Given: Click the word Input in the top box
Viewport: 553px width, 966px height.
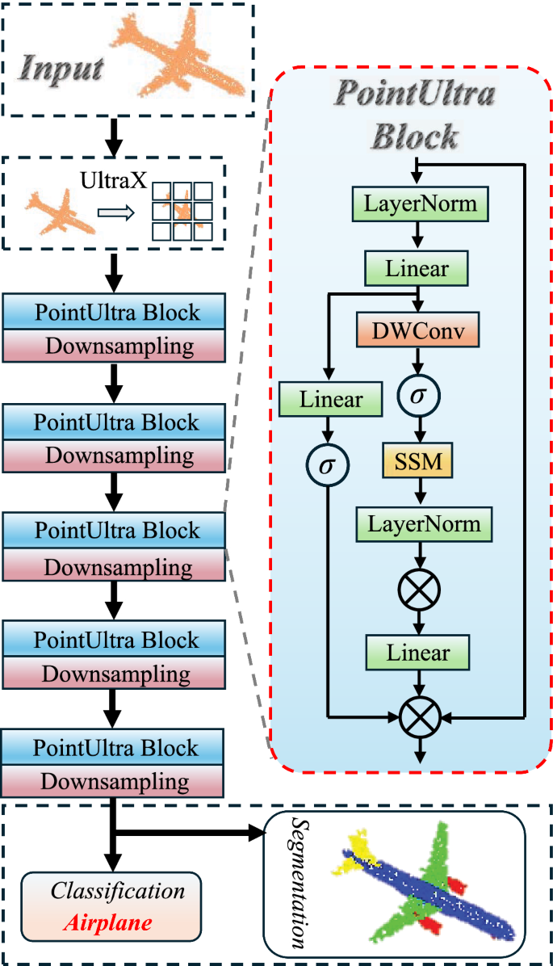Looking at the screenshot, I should pyautogui.click(x=62, y=67).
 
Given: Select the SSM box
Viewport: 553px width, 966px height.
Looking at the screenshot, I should pyautogui.click(x=417, y=462).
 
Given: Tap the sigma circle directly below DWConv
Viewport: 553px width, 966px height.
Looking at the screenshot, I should pyautogui.click(x=417, y=397).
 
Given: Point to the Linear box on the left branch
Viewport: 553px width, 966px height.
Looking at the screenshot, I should pyautogui.click(x=331, y=398).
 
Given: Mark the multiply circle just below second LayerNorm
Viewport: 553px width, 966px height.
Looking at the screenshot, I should pyautogui.click(x=417, y=589).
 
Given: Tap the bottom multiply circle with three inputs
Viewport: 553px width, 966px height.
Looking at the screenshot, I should pyautogui.click(x=419, y=716).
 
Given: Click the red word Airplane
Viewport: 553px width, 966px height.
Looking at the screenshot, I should pyautogui.click(x=118, y=922).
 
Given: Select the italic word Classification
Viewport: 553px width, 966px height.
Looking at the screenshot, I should pyautogui.click(x=119, y=892).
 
